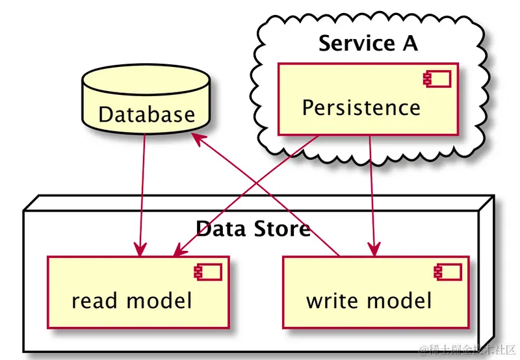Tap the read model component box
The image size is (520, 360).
click(138, 292)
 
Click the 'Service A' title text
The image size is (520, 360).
click(368, 44)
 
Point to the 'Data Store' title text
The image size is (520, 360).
click(252, 229)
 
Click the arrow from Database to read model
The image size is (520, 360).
click(142, 195)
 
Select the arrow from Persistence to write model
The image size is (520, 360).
click(371, 195)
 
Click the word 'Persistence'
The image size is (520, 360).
click(361, 107)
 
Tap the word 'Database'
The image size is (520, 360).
click(146, 115)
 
